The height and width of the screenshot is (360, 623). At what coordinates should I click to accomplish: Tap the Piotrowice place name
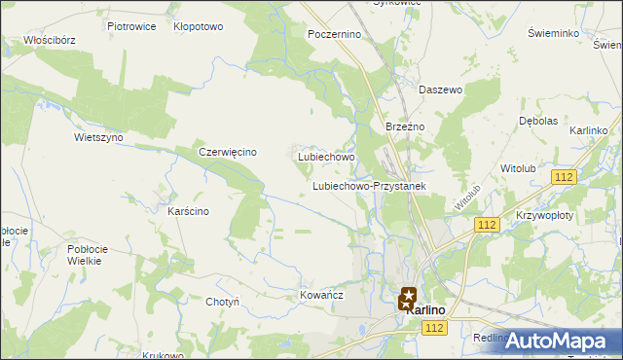(x=131, y=26)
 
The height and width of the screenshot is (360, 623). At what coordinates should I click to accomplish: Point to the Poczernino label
(x=334, y=33)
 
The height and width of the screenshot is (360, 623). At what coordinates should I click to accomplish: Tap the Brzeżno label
(x=402, y=126)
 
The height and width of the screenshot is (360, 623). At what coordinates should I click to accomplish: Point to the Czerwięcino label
(x=227, y=152)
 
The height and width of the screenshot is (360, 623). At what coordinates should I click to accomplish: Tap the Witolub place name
(x=518, y=168)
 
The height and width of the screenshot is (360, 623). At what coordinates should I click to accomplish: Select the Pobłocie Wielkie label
(x=92, y=255)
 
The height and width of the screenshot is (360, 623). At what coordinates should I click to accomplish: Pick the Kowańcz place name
(x=320, y=293)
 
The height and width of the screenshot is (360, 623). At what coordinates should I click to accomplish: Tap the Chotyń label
(x=223, y=302)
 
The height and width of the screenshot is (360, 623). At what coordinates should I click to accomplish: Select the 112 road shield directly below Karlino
(x=435, y=331)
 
